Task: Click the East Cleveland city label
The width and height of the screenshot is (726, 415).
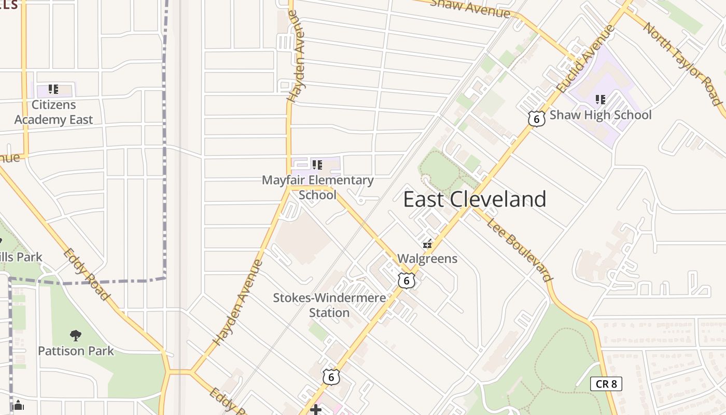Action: [474, 199]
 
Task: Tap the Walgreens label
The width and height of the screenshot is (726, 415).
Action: [427, 258]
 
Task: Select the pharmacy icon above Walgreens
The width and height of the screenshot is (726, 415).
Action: [427, 243]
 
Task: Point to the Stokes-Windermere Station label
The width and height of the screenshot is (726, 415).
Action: [329, 305]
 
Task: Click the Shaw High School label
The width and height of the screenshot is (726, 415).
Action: [600, 115]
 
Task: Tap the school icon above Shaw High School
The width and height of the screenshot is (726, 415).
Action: [601, 99]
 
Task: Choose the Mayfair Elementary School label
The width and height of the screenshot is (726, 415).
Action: [317, 187]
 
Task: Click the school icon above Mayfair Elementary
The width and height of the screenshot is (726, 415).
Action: [317, 165]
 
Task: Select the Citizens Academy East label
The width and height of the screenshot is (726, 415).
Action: [53, 112]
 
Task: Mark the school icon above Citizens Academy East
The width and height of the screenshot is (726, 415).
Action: [53, 89]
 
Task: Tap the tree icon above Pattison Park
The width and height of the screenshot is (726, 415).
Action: [76, 336]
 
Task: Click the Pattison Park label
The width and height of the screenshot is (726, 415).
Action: [76, 351]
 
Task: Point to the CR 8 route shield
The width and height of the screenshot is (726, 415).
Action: [606, 384]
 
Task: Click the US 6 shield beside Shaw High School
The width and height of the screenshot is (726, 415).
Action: [536, 118]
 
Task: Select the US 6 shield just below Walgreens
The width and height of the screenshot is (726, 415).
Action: [407, 281]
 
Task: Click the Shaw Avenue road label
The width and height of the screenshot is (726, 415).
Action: [470, 7]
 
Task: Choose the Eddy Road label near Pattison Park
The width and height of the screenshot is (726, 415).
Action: [87, 274]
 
